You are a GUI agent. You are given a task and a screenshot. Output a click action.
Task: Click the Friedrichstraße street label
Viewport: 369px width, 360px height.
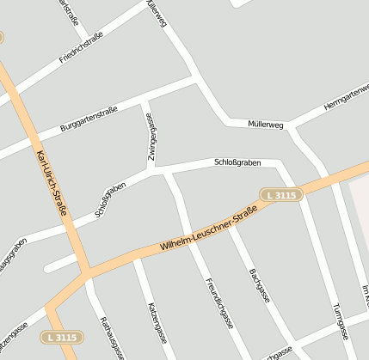pos(82,48)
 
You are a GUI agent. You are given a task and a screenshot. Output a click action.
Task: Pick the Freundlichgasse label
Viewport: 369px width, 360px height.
pos(219,303)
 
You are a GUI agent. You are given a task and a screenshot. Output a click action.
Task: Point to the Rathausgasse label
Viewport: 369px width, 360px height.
pos(113,338)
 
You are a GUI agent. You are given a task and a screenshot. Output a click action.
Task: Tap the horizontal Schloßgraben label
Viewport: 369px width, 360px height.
pos(237,162)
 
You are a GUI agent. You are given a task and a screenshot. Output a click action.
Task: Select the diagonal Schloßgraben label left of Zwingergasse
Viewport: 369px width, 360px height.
pos(111,200)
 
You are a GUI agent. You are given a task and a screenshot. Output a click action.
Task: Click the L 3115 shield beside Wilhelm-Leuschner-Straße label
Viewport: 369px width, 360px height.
pos(281,196)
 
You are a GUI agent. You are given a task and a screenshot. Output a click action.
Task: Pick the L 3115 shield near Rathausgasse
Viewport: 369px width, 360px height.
pos(63,336)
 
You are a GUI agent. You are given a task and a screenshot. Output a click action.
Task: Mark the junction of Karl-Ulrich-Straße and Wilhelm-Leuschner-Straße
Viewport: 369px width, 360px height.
pos(86,273)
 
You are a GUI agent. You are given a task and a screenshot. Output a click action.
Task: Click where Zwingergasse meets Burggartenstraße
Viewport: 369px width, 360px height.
pos(144,101)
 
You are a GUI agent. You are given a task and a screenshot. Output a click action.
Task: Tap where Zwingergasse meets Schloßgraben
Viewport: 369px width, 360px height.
pos(155,169)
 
